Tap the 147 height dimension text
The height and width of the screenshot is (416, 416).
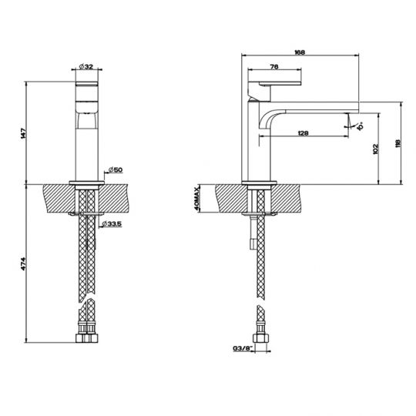25,132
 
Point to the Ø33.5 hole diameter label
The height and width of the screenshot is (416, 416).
115,224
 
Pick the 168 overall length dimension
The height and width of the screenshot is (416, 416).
301,52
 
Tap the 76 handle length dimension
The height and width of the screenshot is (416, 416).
274,66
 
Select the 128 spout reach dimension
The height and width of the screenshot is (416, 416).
304,134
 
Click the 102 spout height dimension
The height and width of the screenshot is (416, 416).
375,149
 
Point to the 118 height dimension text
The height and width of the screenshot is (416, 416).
398,143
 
